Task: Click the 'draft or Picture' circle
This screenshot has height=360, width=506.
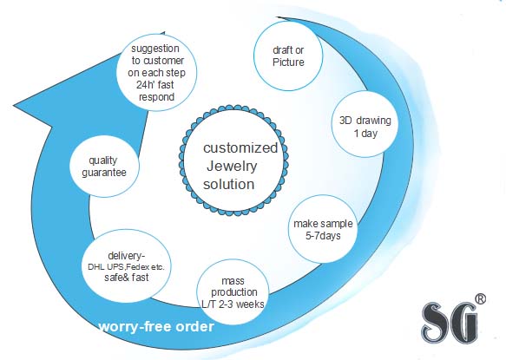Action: tap(288, 56)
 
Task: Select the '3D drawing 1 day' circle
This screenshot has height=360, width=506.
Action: tap(365, 124)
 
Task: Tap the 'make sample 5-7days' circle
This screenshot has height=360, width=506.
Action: tap(323, 229)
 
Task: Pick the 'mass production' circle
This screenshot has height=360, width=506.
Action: tap(233, 292)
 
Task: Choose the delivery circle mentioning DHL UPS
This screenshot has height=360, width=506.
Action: tap(127, 266)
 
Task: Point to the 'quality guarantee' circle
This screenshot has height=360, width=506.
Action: tap(104, 167)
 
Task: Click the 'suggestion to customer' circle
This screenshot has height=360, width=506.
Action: tap(156, 73)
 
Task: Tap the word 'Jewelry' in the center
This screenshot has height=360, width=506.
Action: tap(232, 167)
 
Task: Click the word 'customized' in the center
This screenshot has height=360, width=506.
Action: tap(240, 147)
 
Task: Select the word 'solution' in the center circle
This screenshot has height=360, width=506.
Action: tap(229, 184)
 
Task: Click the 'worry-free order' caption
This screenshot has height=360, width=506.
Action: tap(156, 326)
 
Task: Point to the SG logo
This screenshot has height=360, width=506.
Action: tap(450, 323)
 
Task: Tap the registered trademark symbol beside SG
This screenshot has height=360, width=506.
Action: tap(480, 298)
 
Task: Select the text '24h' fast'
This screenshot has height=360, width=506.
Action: tap(154, 85)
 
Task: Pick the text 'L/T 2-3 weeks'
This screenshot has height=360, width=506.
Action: tap(233, 304)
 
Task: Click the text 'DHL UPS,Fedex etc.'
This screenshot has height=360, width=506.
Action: tap(126, 267)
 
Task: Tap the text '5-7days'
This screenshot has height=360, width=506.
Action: tap(323, 235)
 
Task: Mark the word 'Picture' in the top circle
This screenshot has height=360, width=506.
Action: tap(288, 62)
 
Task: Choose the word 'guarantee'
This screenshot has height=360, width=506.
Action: tap(104, 173)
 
